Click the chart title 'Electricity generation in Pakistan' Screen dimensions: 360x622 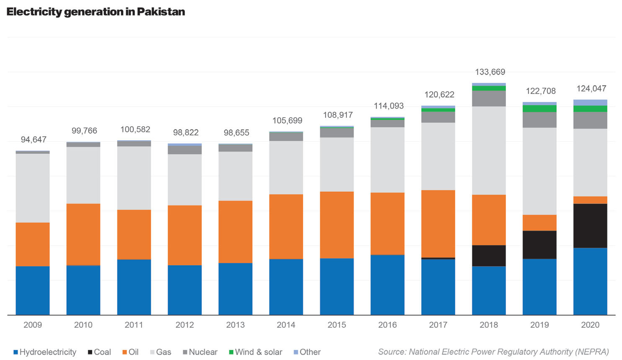click(x=95, y=12)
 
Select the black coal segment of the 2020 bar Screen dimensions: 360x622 click(x=590, y=226)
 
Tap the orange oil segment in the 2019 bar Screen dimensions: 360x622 click(x=539, y=223)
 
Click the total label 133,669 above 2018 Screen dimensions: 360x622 click(x=490, y=72)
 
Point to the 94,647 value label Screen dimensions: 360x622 click(x=34, y=139)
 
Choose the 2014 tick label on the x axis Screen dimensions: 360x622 click(x=286, y=325)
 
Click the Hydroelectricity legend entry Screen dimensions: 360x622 click(x=45, y=352)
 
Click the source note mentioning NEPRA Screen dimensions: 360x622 click(x=493, y=352)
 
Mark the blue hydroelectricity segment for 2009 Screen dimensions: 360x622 click(x=33, y=290)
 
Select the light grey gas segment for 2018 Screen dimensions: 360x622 click(x=488, y=150)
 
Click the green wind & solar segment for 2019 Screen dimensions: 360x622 click(x=539, y=108)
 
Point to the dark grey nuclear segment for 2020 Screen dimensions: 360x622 click(x=590, y=120)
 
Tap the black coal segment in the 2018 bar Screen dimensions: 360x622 click(x=488, y=255)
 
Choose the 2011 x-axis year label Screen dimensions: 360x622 click(x=134, y=325)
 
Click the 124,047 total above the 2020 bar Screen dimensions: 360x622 click(x=591, y=89)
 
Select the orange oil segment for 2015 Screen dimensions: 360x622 click(x=337, y=225)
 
